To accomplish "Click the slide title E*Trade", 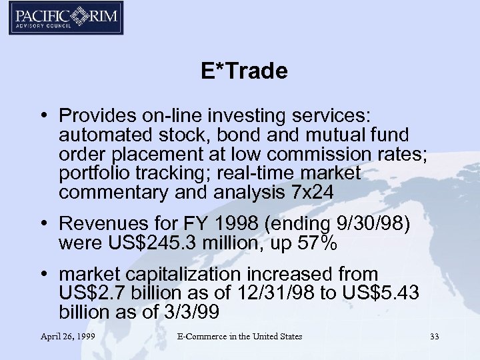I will point(244,71).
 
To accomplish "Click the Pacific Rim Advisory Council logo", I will point(64,19).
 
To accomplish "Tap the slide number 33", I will point(435,337).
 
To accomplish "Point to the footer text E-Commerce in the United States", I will point(239,337).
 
